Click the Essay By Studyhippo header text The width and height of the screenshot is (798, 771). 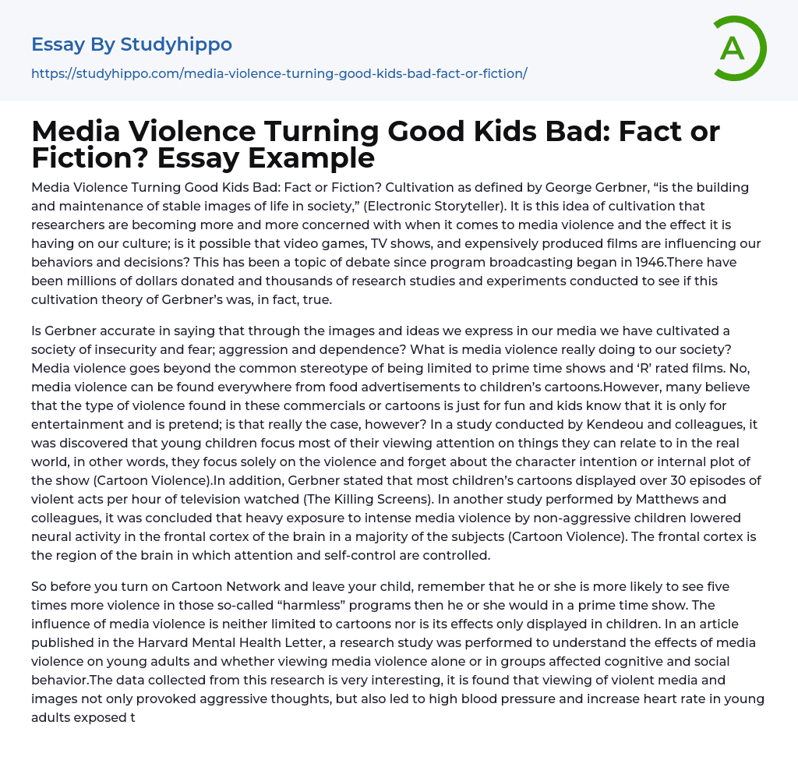[x=132, y=44]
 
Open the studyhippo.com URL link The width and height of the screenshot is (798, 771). [x=279, y=73]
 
